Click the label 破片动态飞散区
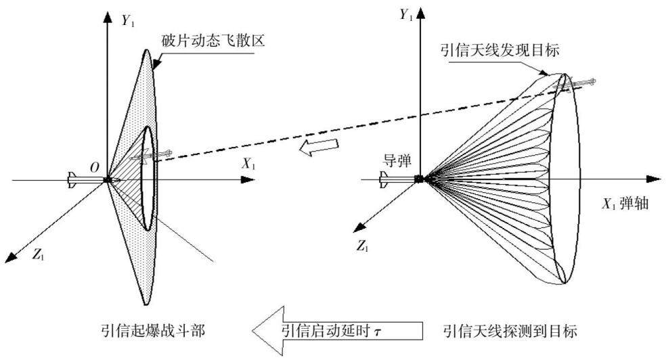[214, 41]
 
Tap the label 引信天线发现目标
[500, 50]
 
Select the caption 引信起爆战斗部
[153, 330]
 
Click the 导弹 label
[397, 161]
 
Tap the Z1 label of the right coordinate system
[362, 246]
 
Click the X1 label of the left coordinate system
[248, 164]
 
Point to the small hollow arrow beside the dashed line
[319, 146]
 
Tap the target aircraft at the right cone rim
[576, 84]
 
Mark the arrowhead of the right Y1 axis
[420, 13]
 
